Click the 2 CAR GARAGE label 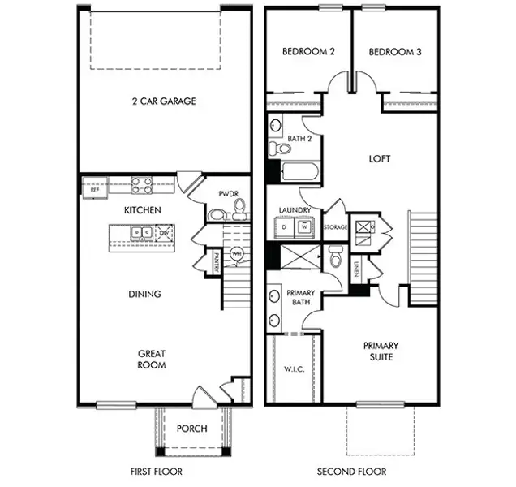pyautogui.click(x=164, y=101)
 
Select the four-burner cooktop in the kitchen pyautogui.click(x=142, y=185)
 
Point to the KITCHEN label pyautogui.click(x=143, y=210)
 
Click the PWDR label pyautogui.click(x=227, y=194)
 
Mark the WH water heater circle pyautogui.click(x=237, y=254)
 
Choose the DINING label pyautogui.click(x=144, y=294)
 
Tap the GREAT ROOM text pyautogui.click(x=151, y=359)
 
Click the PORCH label pyautogui.click(x=191, y=429)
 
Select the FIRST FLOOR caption pyautogui.click(x=156, y=472)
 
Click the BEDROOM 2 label pyautogui.click(x=309, y=52)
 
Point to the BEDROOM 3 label pyautogui.click(x=395, y=52)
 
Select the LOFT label pyautogui.click(x=379, y=159)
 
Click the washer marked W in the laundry pyautogui.click(x=303, y=228)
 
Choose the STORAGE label pyautogui.click(x=336, y=227)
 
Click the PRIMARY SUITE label pyautogui.click(x=380, y=351)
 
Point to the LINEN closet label pyautogui.click(x=356, y=269)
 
